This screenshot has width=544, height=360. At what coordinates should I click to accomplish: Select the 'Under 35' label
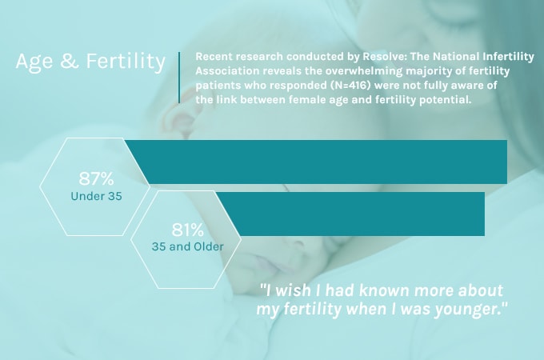point(96,196)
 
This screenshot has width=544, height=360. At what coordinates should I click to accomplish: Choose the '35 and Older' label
point(187,246)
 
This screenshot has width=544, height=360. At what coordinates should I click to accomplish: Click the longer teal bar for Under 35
point(320,162)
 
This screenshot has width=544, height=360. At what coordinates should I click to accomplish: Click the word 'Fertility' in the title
point(125,62)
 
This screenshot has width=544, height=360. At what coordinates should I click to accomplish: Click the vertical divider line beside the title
point(179,78)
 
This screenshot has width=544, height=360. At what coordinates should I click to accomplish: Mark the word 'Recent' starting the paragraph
point(214,58)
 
